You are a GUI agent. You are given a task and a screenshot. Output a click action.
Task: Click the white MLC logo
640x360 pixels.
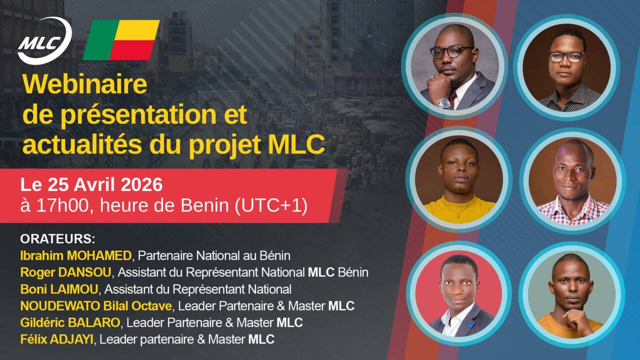[44, 40]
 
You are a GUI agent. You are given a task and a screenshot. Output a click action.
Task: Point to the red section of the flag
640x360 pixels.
[132, 50]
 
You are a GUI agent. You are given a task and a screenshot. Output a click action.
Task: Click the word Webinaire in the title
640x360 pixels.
[85, 84]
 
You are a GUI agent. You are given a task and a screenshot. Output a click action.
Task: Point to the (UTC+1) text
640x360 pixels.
[271, 206]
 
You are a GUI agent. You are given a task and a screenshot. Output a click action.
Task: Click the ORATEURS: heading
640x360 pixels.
[57, 239]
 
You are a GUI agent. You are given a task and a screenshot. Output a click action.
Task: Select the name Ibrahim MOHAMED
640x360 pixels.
[75, 255]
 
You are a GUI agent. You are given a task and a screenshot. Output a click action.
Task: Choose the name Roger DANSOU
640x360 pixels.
[65, 272]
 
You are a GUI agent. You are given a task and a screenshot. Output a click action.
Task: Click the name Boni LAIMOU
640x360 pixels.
[59, 289]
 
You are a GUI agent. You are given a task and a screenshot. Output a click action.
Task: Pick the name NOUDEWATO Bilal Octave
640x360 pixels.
[96, 306]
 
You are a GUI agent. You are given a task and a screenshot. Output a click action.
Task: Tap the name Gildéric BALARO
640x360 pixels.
[70, 323]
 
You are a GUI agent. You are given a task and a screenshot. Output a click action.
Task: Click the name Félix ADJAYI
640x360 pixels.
[56, 339]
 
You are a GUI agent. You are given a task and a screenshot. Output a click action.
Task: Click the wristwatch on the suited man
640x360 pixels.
[444, 103]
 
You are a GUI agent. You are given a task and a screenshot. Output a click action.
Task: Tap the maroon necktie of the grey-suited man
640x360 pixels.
[452, 98]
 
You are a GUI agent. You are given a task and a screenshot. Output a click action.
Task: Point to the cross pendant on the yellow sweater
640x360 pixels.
[458, 215]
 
